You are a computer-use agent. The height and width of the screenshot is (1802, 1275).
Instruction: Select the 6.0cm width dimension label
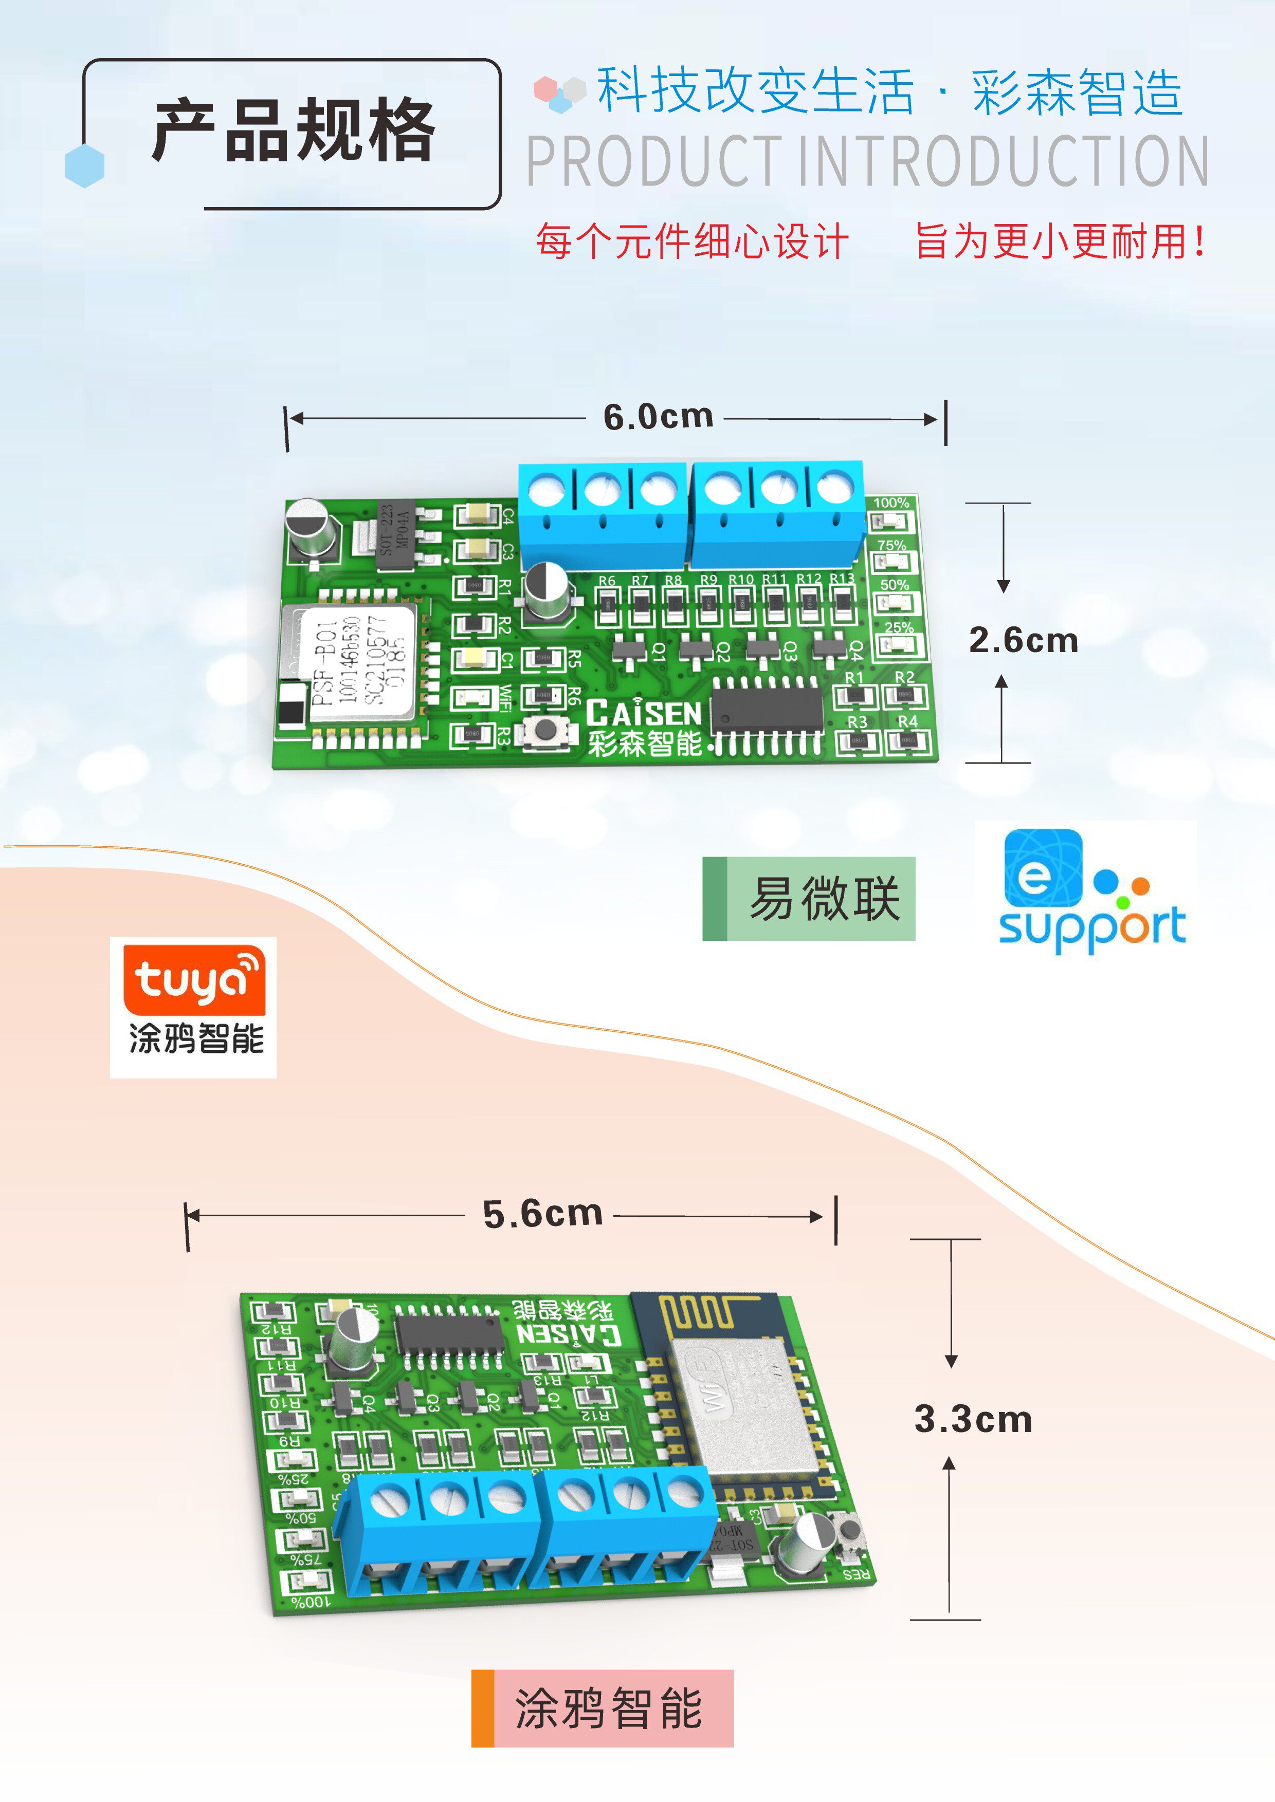tap(658, 417)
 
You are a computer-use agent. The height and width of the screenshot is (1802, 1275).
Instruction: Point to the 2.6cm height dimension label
tap(1023, 640)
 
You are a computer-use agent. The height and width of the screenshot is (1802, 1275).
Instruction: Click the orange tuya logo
tap(194, 980)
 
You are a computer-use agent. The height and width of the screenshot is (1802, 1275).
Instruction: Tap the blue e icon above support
tap(1043, 868)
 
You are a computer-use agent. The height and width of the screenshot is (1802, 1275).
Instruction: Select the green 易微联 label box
tap(809, 899)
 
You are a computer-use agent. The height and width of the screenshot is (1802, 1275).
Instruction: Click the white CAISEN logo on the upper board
tap(644, 713)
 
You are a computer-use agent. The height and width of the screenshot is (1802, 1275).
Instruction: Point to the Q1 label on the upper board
tap(660, 651)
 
